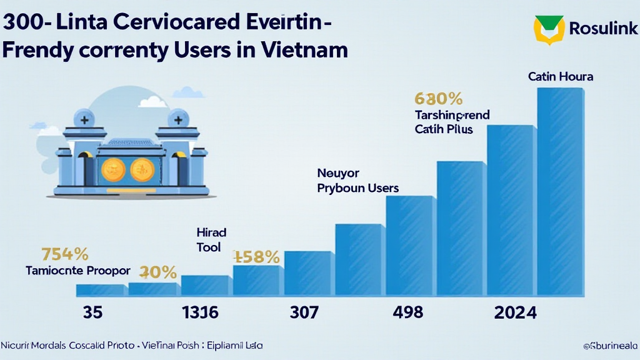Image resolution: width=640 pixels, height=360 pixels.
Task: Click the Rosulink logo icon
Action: [549, 29]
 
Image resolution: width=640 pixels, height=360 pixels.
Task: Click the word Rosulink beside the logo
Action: [603, 28]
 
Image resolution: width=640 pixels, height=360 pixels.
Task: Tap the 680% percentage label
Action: [438, 98]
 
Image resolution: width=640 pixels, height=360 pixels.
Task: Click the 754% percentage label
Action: [64, 254]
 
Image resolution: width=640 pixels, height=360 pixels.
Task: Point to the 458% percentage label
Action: [256, 256]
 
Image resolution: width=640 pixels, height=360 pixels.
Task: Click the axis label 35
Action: [92, 312]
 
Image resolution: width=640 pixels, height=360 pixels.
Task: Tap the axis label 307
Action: [304, 312]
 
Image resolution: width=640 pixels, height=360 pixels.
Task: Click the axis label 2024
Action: [515, 312]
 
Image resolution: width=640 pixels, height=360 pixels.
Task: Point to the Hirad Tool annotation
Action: [211, 240]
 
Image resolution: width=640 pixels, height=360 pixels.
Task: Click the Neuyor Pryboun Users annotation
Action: [357, 180]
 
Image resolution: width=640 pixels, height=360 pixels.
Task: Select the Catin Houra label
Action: [560, 77]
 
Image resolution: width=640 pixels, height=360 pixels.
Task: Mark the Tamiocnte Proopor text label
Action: [78, 271]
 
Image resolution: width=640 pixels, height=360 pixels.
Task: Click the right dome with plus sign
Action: [177, 119]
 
